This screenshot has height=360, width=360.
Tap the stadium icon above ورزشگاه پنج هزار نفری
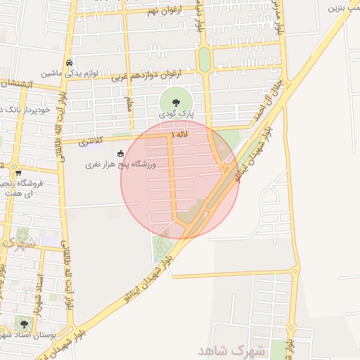120,153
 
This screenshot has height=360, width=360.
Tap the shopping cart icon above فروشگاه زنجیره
18,173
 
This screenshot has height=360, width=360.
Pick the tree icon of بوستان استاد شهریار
24,324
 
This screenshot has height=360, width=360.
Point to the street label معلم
129,106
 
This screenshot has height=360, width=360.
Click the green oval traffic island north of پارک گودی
204,60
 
